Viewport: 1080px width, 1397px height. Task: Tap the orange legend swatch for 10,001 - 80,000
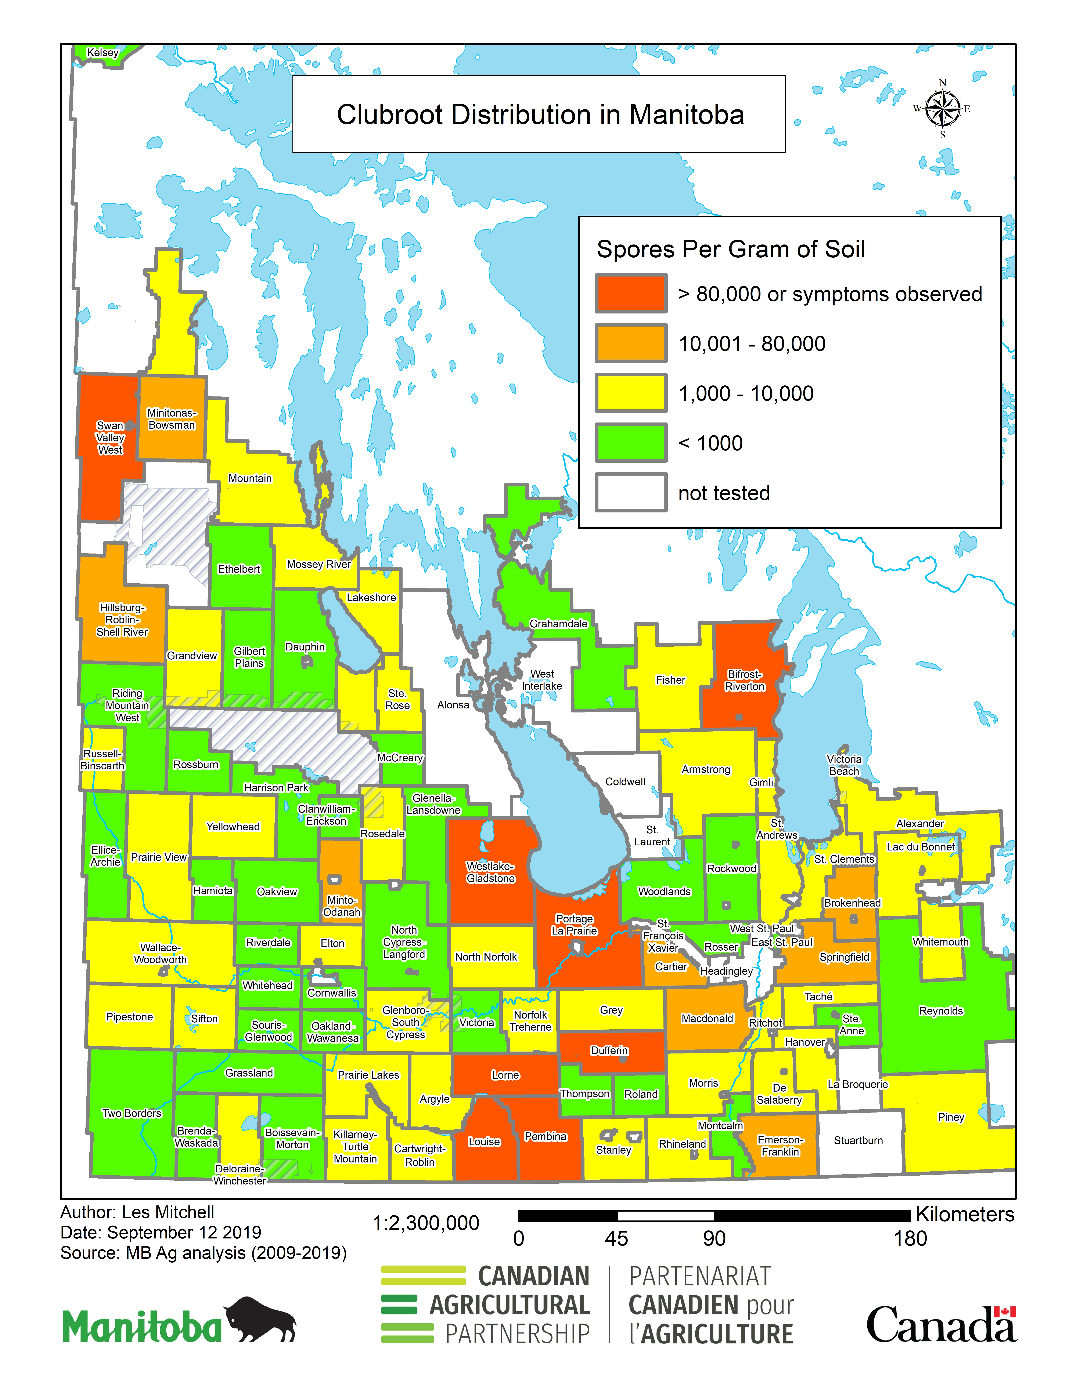pyautogui.click(x=631, y=344)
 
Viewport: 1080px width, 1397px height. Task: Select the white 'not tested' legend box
pyautogui.click(x=631, y=493)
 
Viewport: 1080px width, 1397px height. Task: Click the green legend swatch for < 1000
pyautogui.click(x=631, y=443)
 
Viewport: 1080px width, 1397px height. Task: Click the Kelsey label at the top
pyautogui.click(x=102, y=52)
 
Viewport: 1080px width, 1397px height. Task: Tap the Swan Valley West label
pyautogui.click(x=110, y=438)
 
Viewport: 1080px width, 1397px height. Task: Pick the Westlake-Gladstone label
pyautogui.click(x=490, y=872)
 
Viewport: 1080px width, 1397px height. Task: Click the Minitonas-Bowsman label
pyautogui.click(x=172, y=419)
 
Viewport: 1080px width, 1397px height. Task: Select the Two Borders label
pyautogui.click(x=132, y=1113)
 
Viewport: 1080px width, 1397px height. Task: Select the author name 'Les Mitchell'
pyautogui.click(x=168, y=1212)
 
